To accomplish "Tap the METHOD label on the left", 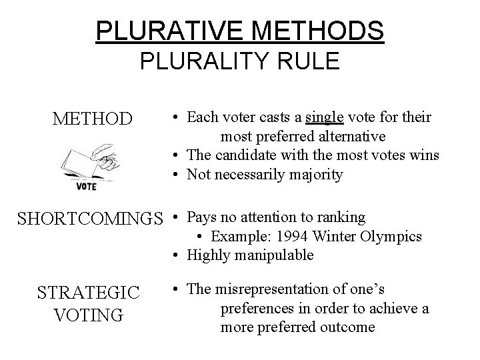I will [x=93, y=121].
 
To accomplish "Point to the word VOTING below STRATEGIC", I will [x=89, y=315].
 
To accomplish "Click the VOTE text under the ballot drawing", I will [x=85, y=187].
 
